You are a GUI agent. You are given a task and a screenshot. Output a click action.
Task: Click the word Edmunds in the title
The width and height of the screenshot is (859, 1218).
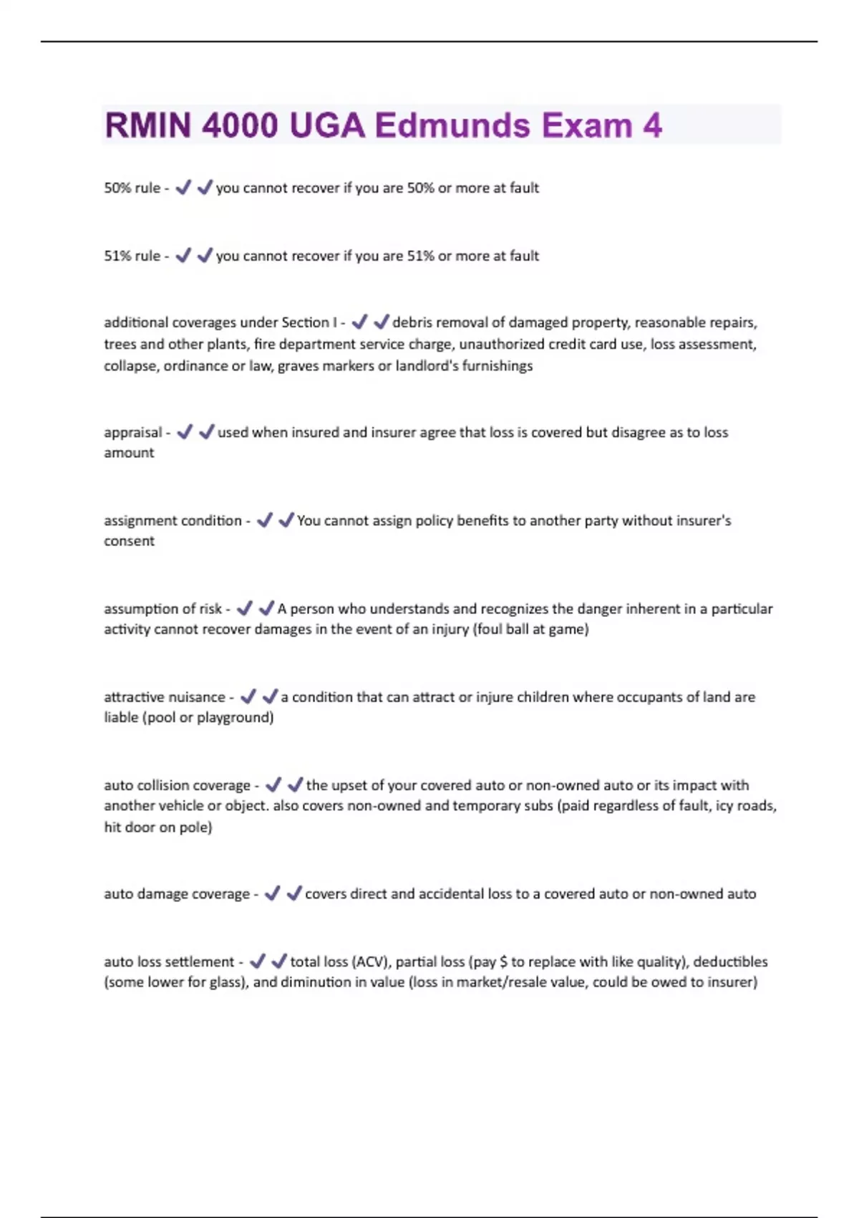[452, 125]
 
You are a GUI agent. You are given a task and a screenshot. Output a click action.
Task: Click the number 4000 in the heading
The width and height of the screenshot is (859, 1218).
[239, 125]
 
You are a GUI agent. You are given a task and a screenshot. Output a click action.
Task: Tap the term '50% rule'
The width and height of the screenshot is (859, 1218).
[132, 188]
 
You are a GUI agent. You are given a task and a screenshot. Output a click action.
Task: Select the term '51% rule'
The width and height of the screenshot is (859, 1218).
[132, 256]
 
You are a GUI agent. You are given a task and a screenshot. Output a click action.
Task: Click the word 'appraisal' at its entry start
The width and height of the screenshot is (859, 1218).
[132, 433]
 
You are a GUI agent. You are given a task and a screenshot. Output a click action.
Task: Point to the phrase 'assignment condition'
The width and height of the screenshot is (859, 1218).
[173, 521]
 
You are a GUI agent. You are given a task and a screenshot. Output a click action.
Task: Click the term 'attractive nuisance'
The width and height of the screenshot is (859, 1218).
[164, 697]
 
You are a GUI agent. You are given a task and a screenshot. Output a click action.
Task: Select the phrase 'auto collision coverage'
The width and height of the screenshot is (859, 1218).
[177, 785]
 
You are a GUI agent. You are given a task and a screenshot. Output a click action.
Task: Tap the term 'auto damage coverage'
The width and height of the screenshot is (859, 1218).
[176, 894]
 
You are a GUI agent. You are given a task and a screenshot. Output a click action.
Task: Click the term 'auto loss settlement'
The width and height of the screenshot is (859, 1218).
[169, 962]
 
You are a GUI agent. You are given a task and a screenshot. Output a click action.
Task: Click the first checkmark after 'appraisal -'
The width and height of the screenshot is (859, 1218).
[185, 432]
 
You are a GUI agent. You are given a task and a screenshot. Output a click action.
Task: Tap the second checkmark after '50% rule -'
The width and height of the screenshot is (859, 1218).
[205, 187]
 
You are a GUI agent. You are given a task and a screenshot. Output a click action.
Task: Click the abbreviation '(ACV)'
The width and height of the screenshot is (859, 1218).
[371, 962]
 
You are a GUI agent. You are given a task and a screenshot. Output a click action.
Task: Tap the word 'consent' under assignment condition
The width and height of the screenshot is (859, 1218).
[129, 542]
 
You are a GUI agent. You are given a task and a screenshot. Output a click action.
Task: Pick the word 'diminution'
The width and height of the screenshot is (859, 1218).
[314, 982]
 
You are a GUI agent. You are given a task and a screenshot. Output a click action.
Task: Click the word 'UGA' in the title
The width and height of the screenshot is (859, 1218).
[327, 125]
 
